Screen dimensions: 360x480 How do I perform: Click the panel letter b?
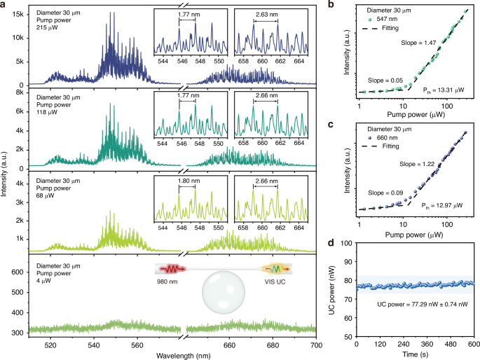pos(331,5)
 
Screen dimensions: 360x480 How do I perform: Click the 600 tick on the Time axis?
pos(474,345)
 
